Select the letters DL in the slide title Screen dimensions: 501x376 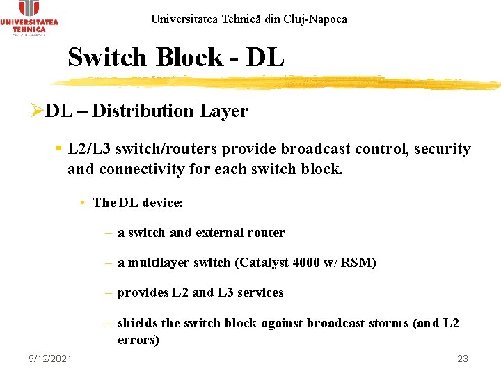point(264,58)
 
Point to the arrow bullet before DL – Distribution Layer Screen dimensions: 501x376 point(38,111)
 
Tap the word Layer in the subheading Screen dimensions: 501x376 point(224,111)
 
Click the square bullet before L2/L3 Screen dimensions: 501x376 point(60,148)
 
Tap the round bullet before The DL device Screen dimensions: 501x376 point(82,203)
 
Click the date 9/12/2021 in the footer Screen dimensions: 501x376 point(50,358)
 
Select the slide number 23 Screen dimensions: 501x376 point(463,359)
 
